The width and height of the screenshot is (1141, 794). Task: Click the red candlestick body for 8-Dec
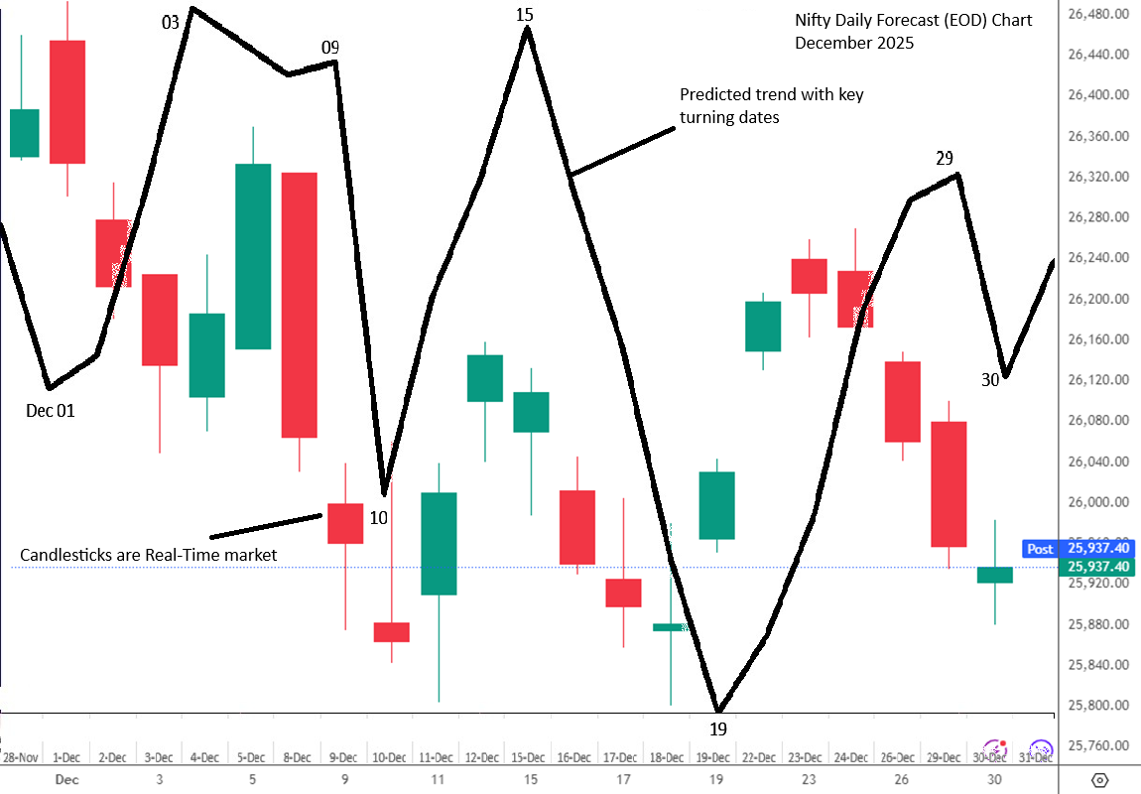click(299, 305)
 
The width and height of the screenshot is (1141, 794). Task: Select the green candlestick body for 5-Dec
click(253, 256)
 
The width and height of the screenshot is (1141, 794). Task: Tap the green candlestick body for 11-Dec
click(438, 543)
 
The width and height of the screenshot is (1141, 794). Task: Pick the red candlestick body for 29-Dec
click(949, 483)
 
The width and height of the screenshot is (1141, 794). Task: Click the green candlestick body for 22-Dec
click(763, 326)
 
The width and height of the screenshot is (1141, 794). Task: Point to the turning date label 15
click(525, 14)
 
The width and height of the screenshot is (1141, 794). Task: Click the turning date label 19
click(718, 729)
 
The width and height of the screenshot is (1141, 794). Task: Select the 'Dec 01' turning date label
click(51, 410)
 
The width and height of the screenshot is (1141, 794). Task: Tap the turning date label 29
click(945, 158)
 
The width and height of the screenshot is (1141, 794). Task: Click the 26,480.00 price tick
click(1095, 14)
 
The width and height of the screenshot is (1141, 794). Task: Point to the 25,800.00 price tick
click(1095, 706)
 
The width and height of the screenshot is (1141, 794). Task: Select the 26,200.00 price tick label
click(1095, 299)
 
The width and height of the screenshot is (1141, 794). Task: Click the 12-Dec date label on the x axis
click(482, 757)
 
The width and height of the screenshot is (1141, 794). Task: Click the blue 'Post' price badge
click(1040, 549)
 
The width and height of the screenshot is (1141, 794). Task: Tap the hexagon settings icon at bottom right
click(1099, 778)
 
